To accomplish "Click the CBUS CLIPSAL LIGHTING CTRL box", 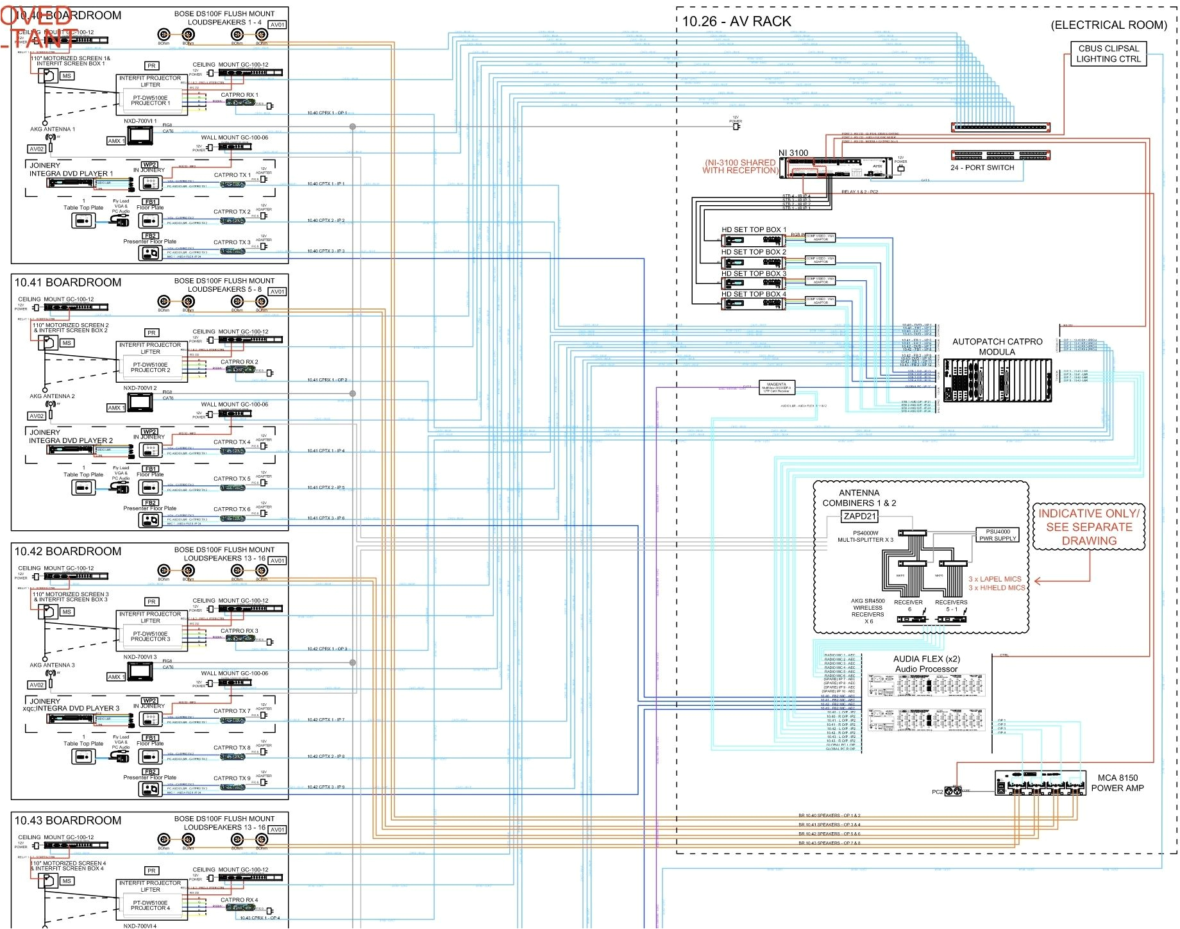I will (1108, 54).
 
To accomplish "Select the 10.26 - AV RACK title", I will (736, 22).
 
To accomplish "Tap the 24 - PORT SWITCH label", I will (982, 168).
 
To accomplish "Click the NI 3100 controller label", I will (793, 153).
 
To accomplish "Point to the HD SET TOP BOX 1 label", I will (754, 230).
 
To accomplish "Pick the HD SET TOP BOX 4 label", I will (754, 294).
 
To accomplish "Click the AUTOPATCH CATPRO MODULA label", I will (997, 347).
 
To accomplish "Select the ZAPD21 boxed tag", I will (859, 516).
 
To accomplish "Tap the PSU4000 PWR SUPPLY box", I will (998, 535).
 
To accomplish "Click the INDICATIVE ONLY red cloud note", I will (1089, 527).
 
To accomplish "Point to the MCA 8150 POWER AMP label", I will (1117, 783).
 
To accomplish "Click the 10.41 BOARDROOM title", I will (68, 283).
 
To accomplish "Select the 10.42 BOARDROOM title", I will (68, 551).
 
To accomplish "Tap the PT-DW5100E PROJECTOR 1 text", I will (151, 101).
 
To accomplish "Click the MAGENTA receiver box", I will (777, 387).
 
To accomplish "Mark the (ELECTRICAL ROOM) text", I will (1108, 25).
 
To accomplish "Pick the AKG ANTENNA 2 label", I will (52, 396).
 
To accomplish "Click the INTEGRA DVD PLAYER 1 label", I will (71, 174).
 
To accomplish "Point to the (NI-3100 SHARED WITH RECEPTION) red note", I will (740, 167).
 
